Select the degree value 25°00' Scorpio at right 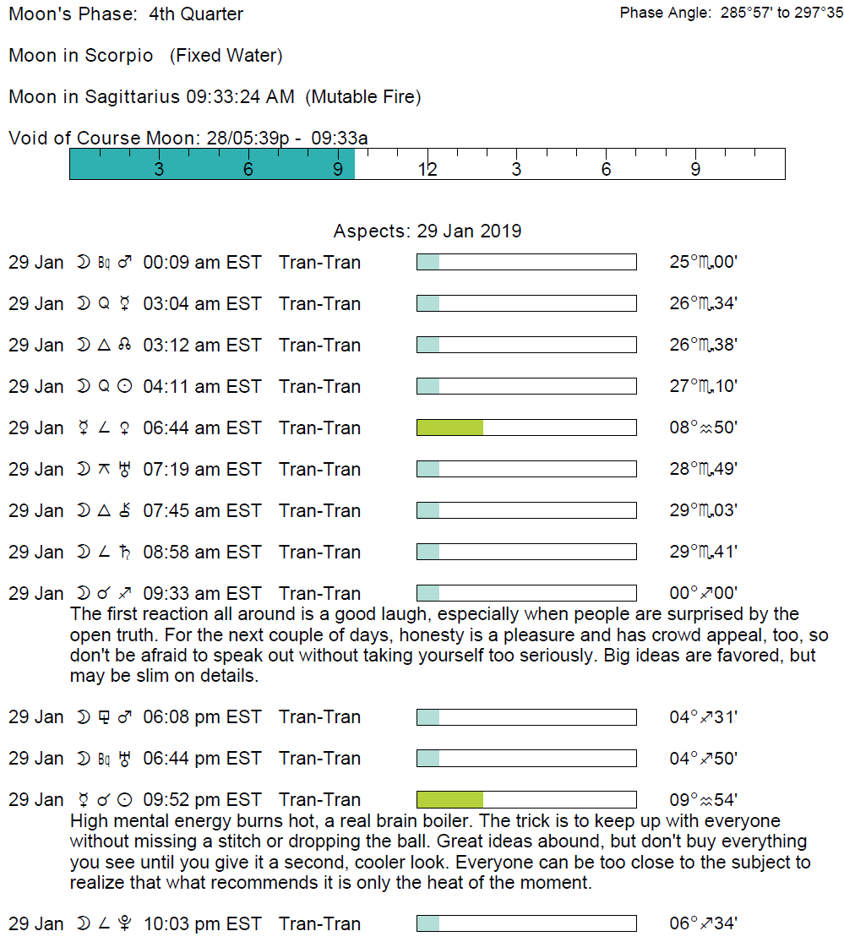click(703, 263)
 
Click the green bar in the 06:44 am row click(449, 428)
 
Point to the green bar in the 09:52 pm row click(449, 800)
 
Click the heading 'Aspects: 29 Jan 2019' click(427, 231)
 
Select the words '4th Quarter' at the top click(195, 14)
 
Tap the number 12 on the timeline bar click(427, 170)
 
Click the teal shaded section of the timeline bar click(211, 163)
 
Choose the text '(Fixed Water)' click(226, 56)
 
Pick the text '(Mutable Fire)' click(363, 97)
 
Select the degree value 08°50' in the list click(703, 428)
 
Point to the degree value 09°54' click(703, 800)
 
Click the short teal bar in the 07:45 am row click(428, 511)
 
